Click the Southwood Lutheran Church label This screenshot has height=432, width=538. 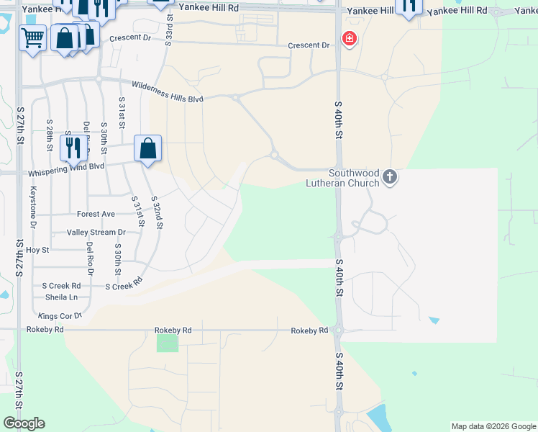pyautogui.click(x=354, y=178)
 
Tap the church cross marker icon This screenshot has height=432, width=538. pyautogui.click(x=390, y=176)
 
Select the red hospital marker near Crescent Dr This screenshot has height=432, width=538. pyautogui.click(x=349, y=39)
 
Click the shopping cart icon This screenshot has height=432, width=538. pyautogui.click(x=32, y=37)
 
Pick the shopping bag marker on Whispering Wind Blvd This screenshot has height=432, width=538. pyautogui.click(x=147, y=149)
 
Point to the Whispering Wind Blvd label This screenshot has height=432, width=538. pyautogui.click(x=66, y=169)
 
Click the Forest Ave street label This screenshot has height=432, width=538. pyautogui.click(x=96, y=214)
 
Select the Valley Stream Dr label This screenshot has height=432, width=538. pyautogui.click(x=96, y=233)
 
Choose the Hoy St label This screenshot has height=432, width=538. pyautogui.click(x=37, y=250)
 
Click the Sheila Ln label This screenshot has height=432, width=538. pyautogui.click(x=61, y=297)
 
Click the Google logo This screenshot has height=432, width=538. pyautogui.click(x=24, y=423)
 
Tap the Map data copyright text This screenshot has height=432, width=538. pyautogui.click(x=493, y=426)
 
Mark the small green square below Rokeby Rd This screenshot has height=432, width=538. pyautogui.click(x=168, y=343)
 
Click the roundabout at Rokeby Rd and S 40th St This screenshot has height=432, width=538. pyautogui.click(x=339, y=331)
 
